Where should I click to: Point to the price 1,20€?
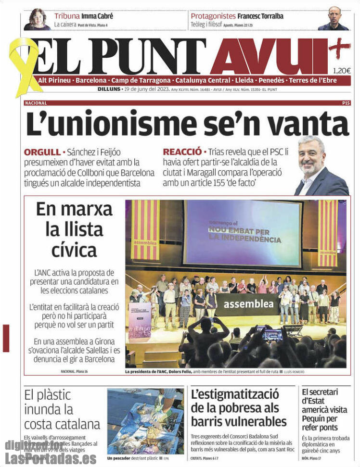(342, 70)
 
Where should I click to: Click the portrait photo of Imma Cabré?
(37, 19)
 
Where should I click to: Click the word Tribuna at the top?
(67, 16)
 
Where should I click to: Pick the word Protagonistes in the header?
(213, 16)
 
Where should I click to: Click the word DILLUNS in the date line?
(109, 89)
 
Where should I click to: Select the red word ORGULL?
(42, 152)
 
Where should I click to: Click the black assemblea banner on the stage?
(245, 304)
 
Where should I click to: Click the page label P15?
(346, 103)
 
